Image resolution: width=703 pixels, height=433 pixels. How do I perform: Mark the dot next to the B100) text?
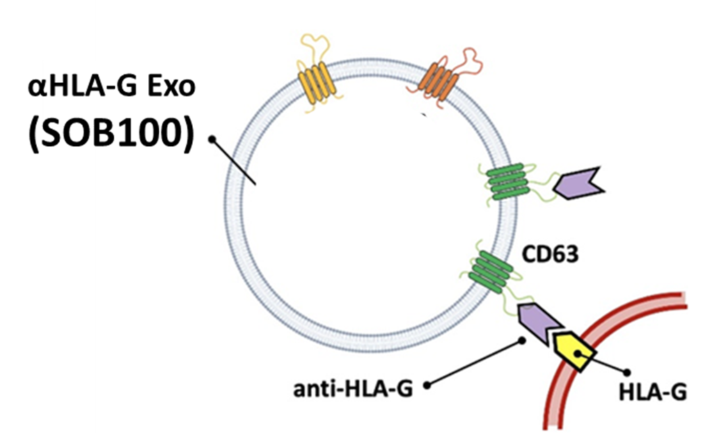tap(212, 139)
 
